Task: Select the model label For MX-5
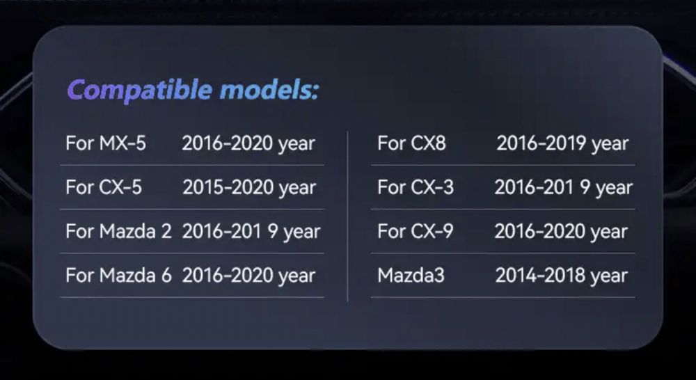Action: [106, 143]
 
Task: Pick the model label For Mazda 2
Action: [118, 231]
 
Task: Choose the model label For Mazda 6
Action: [118, 276]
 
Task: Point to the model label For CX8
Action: [411, 143]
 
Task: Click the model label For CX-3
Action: [415, 187]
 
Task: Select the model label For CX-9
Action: [415, 231]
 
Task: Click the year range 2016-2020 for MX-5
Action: [248, 143]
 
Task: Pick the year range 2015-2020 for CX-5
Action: [249, 187]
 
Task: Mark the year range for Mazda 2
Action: [251, 231]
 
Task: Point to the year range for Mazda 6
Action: [248, 276]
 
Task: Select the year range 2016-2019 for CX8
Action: [562, 143]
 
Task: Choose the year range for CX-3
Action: [564, 187]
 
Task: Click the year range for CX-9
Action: [562, 231]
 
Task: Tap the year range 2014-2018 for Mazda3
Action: [562, 276]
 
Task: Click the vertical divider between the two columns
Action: [347, 216]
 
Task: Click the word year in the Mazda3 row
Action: [609, 276]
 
